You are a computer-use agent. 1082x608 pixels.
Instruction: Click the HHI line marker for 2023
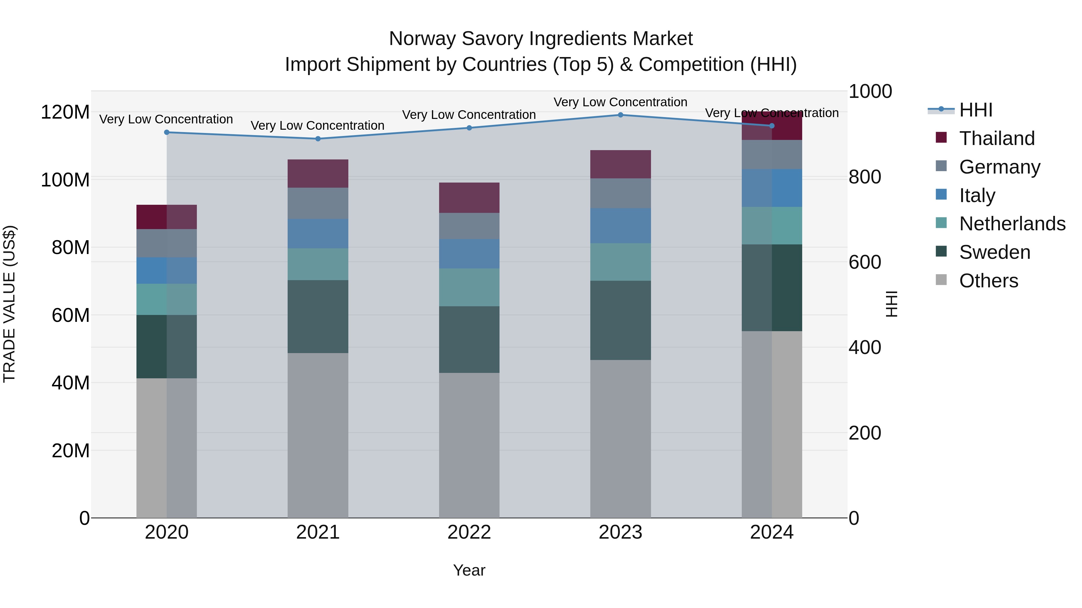pos(620,115)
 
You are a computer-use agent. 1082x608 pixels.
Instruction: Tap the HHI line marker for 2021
pos(318,139)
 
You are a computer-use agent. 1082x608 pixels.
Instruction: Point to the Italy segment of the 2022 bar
pos(469,254)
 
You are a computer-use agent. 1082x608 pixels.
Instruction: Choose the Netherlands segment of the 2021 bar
pos(318,264)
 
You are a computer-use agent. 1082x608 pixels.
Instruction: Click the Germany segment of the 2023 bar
pos(620,193)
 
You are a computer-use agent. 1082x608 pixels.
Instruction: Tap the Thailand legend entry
pos(996,138)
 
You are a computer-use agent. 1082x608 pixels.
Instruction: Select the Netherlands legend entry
pos(1011,224)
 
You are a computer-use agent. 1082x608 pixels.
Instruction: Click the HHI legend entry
pos(975,110)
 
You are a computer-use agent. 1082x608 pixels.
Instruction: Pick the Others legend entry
pos(988,281)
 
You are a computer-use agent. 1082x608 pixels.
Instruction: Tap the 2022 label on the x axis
pos(469,532)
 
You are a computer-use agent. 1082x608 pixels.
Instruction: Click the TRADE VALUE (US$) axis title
pos(10,304)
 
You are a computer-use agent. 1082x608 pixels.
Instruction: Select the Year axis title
pos(469,570)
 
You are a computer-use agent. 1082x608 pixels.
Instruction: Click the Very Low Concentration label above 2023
pos(620,102)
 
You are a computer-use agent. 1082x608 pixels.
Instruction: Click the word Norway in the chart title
pos(423,39)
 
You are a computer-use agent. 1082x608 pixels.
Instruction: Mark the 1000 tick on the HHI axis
pos(870,92)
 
